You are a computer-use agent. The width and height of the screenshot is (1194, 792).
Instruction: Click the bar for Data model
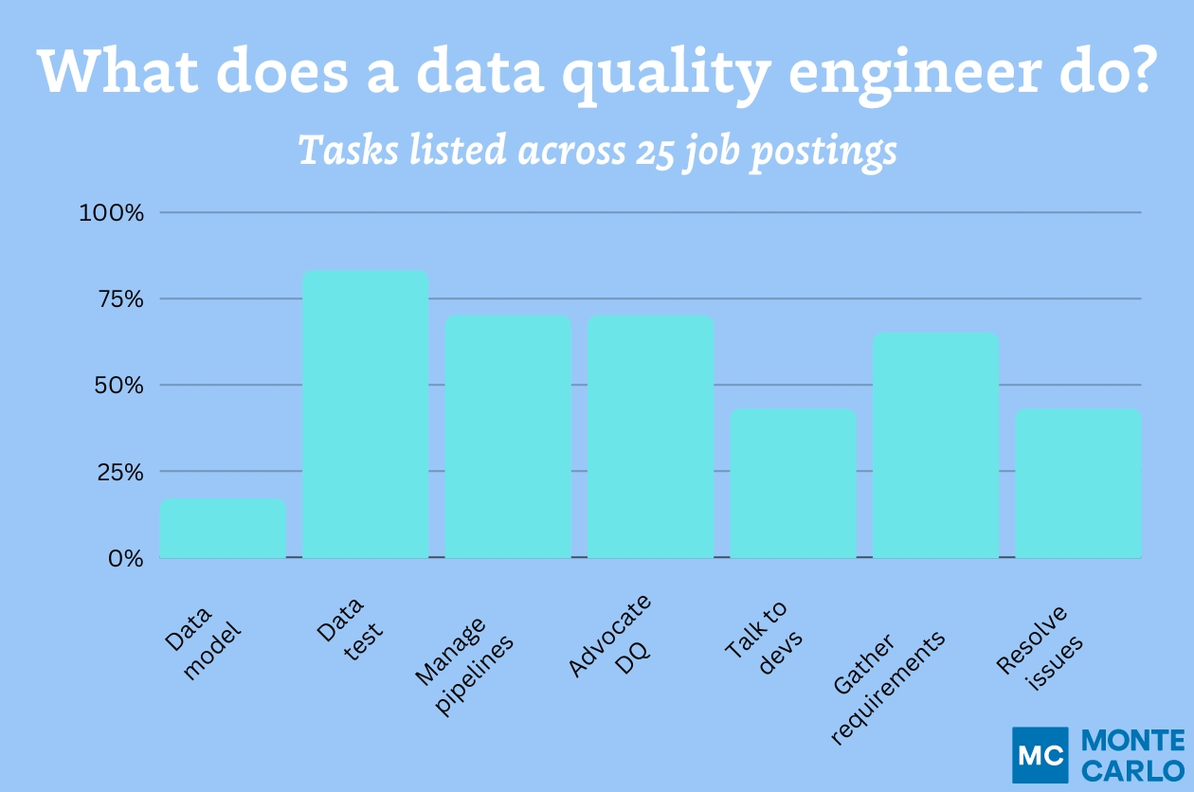223,529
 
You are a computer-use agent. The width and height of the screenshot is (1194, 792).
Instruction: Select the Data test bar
365,414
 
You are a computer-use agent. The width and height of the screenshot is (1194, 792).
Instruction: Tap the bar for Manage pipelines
508,437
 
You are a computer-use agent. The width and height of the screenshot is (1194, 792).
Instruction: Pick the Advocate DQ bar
650,437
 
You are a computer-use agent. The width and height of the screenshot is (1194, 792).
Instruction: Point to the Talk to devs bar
793,483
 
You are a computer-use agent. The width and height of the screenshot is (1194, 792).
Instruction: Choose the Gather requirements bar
935,445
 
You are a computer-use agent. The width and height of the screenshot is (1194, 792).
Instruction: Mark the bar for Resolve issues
1078,483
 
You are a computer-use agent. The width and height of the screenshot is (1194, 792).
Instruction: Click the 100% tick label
111,213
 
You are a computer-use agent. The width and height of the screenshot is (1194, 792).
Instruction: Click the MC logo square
1040,755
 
